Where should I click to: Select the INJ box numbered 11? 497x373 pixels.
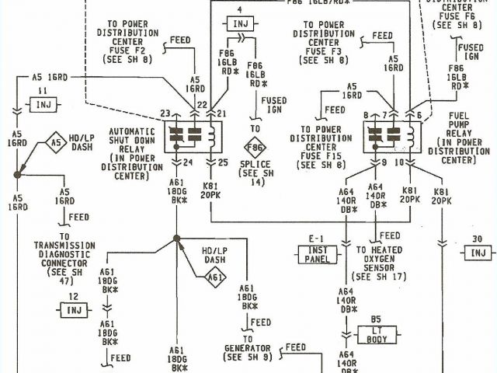44,103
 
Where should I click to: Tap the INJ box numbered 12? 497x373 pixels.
73,310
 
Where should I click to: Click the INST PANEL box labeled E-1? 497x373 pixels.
317,253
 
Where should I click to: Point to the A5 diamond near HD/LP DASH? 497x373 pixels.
55,142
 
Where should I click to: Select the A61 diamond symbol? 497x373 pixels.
217,277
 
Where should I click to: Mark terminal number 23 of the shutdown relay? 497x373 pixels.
165,114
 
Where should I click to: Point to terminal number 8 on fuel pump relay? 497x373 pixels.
366,115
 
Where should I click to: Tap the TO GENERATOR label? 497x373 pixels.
248,351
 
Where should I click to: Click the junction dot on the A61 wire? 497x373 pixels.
177,238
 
